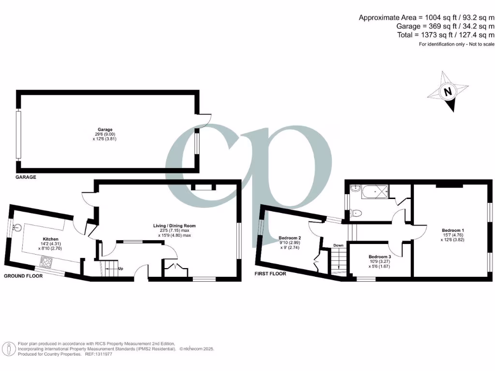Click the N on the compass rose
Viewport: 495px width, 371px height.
(x=448, y=91)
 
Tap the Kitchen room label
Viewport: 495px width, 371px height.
(x=51, y=239)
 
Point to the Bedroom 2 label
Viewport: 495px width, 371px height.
(x=290, y=238)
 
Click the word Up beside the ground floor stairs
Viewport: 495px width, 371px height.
(x=120, y=268)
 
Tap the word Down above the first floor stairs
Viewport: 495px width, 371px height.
(x=338, y=245)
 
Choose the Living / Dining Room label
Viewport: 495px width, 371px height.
(x=175, y=226)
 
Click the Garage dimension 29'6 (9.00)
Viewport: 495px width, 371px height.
(x=105, y=134)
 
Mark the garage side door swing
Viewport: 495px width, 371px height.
(x=205, y=119)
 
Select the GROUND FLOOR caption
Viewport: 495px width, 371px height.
(x=23, y=276)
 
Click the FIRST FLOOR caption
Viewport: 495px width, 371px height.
(x=270, y=273)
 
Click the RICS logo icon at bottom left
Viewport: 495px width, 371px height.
(x=8, y=348)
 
